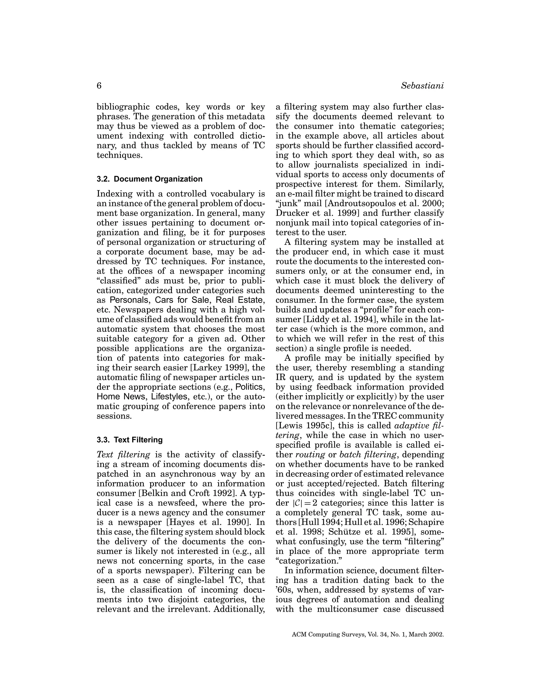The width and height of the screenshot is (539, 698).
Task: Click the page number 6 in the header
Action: [99, 86]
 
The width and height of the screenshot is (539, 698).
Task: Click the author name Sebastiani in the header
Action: [422, 86]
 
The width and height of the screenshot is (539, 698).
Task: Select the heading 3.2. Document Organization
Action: [149, 179]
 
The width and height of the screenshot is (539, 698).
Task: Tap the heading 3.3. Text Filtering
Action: [130, 440]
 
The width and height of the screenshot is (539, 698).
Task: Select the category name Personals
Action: [129, 300]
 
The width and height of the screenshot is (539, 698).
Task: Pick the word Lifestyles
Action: [169, 397]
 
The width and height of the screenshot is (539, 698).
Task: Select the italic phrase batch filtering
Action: [368, 454]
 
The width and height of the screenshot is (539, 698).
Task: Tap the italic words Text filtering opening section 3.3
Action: [123, 454]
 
